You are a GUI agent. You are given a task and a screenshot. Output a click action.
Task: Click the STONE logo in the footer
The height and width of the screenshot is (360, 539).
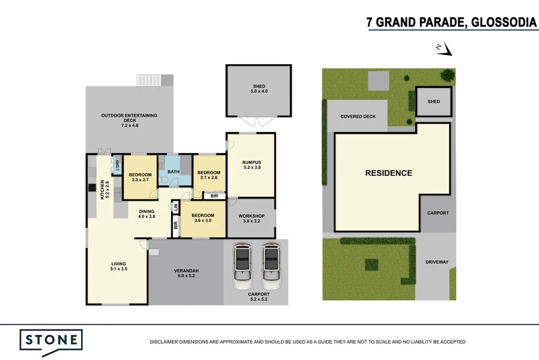(x=51, y=339)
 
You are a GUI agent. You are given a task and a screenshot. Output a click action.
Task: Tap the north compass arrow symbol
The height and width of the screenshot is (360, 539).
(x=444, y=49)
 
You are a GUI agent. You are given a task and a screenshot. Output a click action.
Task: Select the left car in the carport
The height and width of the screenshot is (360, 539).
(x=242, y=262)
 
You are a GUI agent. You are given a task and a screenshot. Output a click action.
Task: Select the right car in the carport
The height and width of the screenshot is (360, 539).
(x=271, y=262)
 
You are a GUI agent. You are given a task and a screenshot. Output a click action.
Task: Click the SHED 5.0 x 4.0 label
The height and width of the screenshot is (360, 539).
(x=258, y=89)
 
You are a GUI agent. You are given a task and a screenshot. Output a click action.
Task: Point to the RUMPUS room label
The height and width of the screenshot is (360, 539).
(x=251, y=165)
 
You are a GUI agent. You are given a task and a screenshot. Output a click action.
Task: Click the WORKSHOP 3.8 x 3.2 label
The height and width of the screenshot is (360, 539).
(x=251, y=218)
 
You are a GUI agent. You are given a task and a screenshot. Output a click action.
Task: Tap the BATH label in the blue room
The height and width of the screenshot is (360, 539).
(x=174, y=172)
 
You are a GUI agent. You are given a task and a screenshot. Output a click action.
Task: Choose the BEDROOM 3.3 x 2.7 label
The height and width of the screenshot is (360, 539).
(x=140, y=177)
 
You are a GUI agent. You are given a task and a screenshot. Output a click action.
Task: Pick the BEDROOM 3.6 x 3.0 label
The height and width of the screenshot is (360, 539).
(x=203, y=218)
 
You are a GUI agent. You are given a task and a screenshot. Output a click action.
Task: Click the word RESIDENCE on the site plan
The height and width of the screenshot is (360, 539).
(x=388, y=173)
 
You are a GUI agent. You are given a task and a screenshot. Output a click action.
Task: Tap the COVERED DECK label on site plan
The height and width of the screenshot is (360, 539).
(x=358, y=116)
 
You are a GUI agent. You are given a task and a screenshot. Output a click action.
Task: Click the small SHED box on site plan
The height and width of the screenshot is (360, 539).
(x=433, y=102)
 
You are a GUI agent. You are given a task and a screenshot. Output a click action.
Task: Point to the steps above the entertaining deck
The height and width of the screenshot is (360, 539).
(x=148, y=80)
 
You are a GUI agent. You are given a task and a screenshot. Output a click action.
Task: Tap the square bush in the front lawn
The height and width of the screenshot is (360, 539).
(x=371, y=264)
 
